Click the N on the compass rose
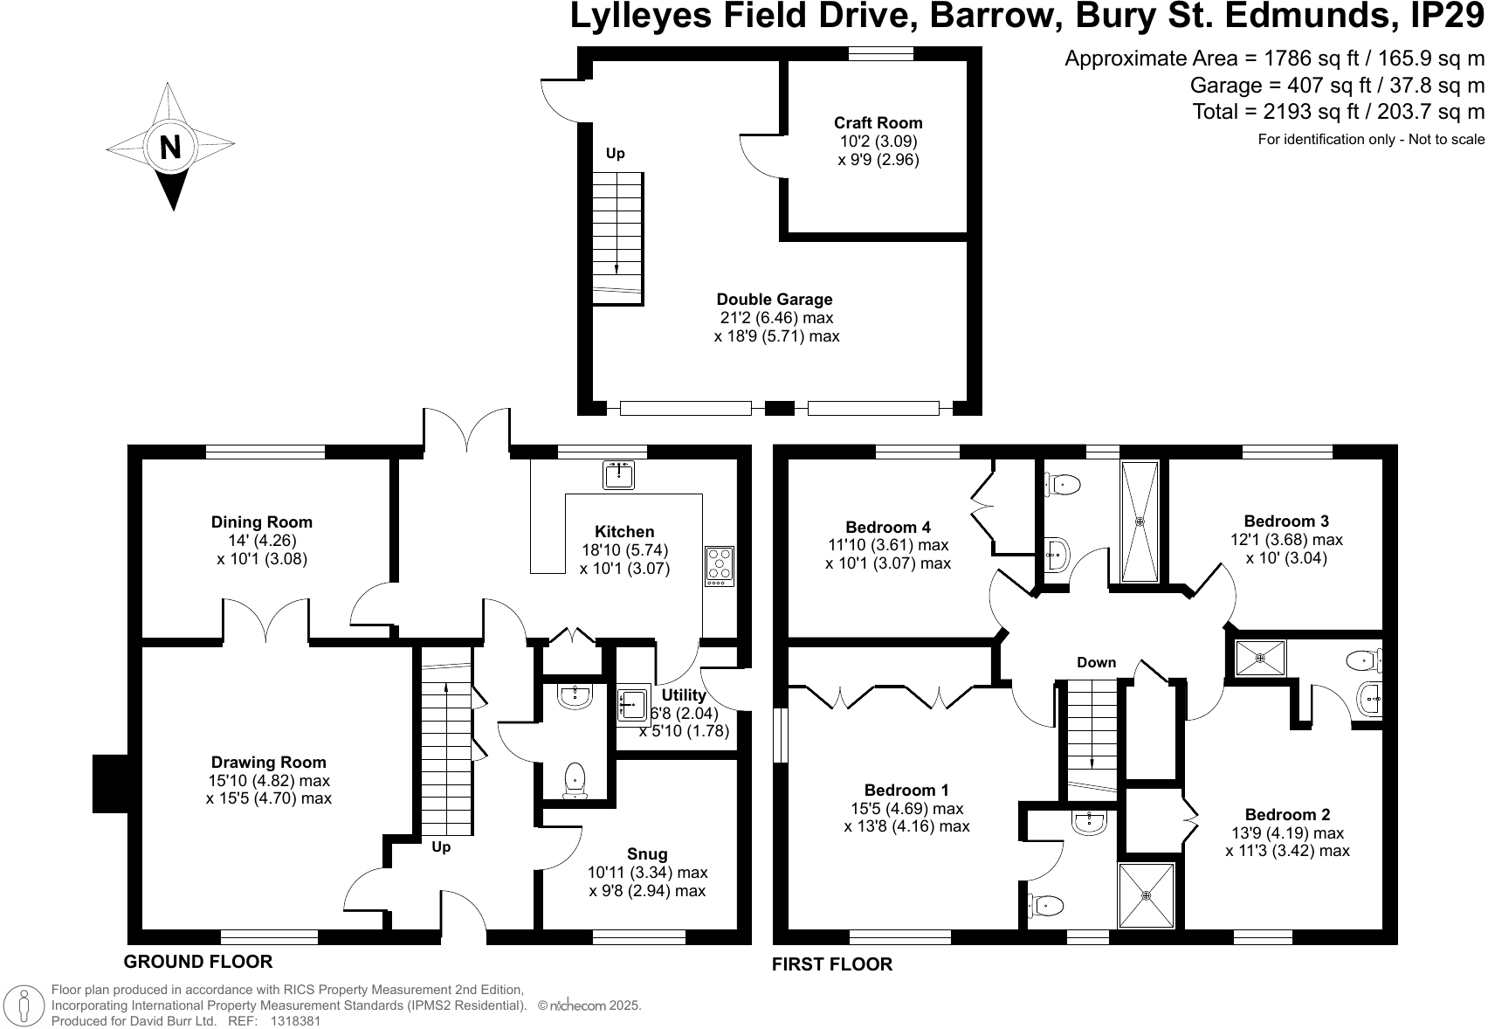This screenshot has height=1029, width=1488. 170,147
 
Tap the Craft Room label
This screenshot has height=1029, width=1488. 878,123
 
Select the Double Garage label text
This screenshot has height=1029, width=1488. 775,300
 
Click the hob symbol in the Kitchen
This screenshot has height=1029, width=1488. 720,565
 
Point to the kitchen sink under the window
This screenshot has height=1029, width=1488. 618,475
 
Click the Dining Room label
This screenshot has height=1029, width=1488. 261,522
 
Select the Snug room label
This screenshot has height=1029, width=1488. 647,854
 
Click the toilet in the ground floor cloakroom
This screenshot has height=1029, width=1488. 575,779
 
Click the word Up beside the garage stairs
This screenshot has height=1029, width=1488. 616,154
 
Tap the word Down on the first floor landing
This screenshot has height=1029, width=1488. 1096,662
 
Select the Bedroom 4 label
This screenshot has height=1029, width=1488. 888,527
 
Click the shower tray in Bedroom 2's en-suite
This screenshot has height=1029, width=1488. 1260,658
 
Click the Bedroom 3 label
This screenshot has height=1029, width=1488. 1286,521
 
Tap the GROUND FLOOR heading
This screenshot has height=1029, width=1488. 198,962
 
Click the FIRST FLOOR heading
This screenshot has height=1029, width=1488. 832,964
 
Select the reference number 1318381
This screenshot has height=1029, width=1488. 296,1020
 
